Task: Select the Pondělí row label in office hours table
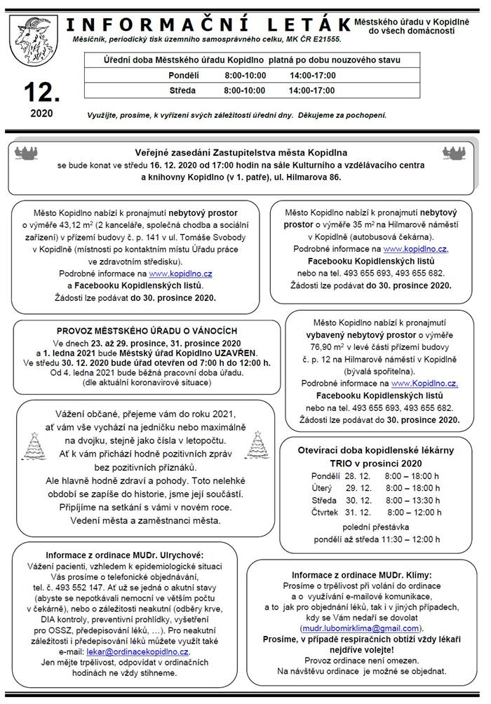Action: (182, 76)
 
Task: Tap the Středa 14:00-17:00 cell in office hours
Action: (311, 90)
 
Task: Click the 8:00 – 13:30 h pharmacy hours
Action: (413, 500)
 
